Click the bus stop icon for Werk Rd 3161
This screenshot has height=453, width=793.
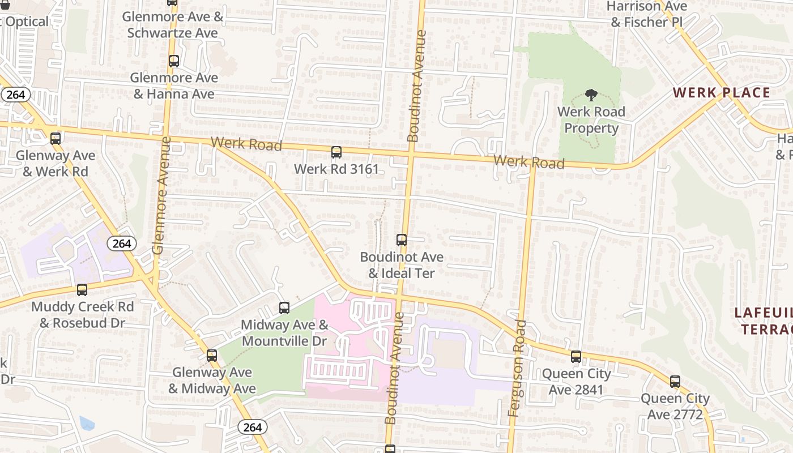pyautogui.click(x=336, y=152)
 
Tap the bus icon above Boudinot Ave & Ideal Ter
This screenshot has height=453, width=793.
pyautogui.click(x=402, y=240)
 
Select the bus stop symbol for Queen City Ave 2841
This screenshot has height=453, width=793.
pyautogui.click(x=576, y=357)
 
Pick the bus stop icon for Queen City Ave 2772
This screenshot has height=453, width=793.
pyautogui.click(x=675, y=382)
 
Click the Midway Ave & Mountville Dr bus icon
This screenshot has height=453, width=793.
pyautogui.click(x=284, y=308)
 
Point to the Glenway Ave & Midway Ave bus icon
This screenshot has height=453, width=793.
pyautogui.click(x=212, y=356)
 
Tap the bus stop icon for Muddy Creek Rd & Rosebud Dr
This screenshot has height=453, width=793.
pyautogui.click(x=82, y=290)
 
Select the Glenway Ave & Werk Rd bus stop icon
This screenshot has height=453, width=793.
pyautogui.click(x=55, y=138)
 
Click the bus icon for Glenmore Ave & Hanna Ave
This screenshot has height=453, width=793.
pyautogui.click(x=174, y=61)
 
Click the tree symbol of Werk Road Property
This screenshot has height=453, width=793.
pyautogui.click(x=591, y=95)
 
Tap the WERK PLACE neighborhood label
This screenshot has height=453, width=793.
pyautogui.click(x=721, y=93)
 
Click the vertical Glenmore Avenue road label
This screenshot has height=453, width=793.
pyautogui.click(x=161, y=195)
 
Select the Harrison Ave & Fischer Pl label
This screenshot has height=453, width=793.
pyautogui.click(x=647, y=14)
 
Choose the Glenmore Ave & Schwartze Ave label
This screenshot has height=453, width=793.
pyautogui.click(x=173, y=25)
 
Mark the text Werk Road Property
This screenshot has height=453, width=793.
pyautogui.click(x=591, y=120)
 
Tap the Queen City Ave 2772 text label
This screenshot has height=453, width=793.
pyautogui.click(x=675, y=407)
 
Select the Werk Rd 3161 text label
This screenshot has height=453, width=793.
pyautogui.click(x=336, y=169)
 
